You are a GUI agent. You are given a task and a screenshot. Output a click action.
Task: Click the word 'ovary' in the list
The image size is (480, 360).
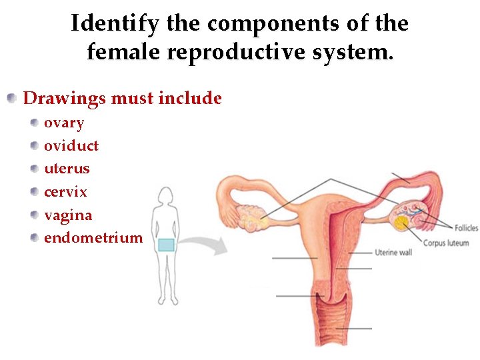pyautogui.click(x=64, y=123)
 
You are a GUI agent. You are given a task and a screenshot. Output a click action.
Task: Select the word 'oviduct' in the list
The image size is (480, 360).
pyautogui.click(x=71, y=146)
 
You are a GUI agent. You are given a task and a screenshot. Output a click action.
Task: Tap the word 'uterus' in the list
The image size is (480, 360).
pyautogui.click(x=67, y=169)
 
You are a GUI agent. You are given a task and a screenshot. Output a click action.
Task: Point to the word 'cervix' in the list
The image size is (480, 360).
pyautogui.click(x=65, y=192)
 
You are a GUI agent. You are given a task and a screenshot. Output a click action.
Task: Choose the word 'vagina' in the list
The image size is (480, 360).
pyautogui.click(x=68, y=215)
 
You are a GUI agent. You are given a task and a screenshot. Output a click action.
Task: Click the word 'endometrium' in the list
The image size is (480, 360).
pyautogui.click(x=93, y=238)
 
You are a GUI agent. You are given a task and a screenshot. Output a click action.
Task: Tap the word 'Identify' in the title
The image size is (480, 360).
pyautogui.click(x=115, y=24)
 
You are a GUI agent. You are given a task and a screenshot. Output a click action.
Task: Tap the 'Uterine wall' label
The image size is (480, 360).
pyautogui.click(x=393, y=253)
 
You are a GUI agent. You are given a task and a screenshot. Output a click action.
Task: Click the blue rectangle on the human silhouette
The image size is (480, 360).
pyautogui.click(x=166, y=245)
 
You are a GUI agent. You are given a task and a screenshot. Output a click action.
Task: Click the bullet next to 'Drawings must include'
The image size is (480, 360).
pyautogui.click(x=12, y=99)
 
